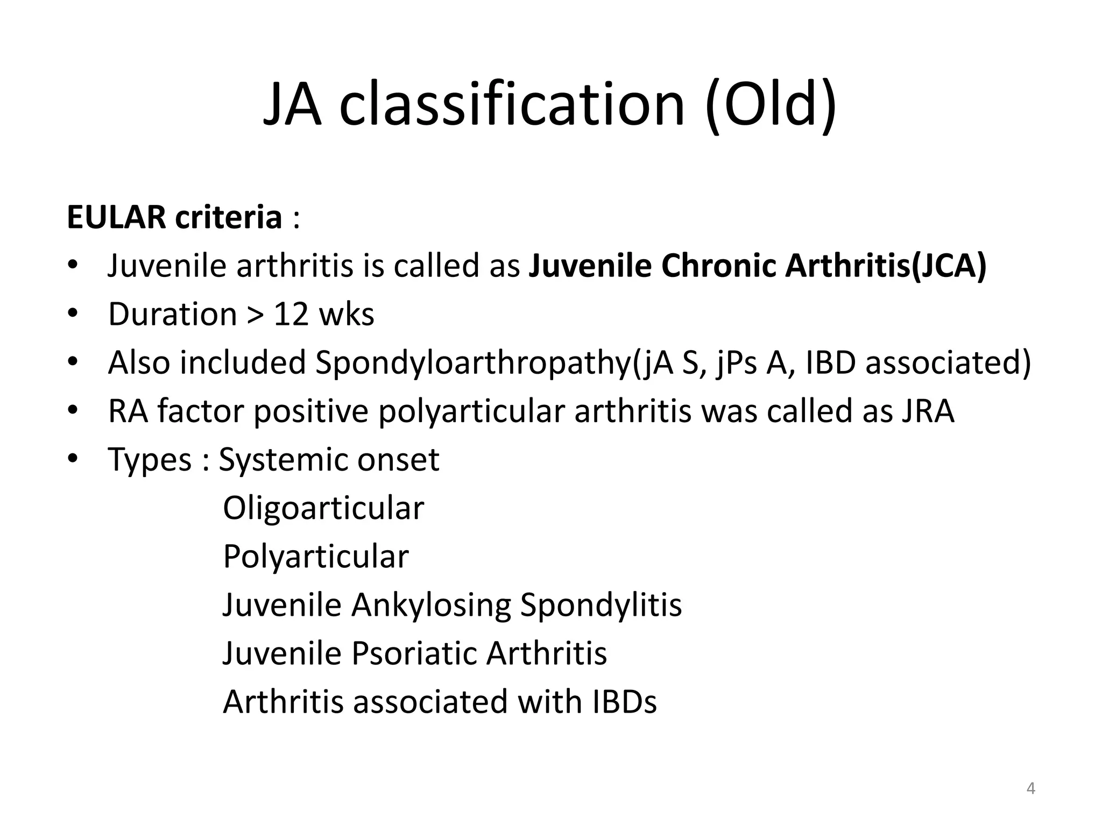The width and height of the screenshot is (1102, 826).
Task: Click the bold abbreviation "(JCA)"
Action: (949, 266)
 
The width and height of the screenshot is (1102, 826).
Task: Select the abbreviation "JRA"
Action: (927, 411)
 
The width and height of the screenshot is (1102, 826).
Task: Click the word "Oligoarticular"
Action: (323, 508)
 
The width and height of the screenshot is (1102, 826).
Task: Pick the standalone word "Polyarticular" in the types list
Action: (316, 556)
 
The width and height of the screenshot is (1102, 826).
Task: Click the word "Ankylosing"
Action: (430, 604)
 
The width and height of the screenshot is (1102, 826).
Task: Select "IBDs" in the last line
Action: (624, 701)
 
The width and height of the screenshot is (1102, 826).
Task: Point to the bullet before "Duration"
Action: (73, 313)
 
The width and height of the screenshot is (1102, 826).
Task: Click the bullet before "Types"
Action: (73, 458)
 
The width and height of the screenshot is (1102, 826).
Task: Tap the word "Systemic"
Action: (284, 460)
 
